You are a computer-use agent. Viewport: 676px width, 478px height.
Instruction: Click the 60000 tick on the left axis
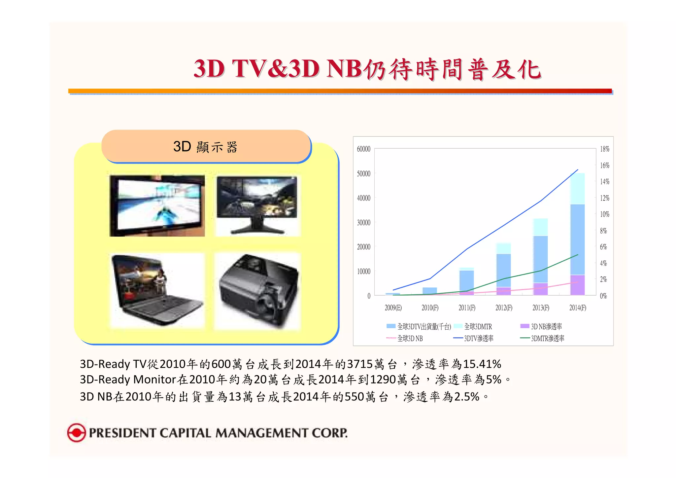coord(363,149)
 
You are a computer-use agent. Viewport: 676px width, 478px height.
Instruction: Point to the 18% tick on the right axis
coord(604,149)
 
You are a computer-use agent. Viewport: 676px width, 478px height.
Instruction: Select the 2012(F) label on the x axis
coord(504,308)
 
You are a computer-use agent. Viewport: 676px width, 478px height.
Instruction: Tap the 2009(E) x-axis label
coord(393,308)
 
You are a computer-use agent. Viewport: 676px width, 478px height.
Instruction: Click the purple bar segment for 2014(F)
coord(577,285)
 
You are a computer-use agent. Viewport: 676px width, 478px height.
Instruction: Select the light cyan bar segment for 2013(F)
coord(540,227)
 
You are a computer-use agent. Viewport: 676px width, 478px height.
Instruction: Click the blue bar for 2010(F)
coord(430,291)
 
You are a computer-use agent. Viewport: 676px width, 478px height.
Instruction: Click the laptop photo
coord(157,290)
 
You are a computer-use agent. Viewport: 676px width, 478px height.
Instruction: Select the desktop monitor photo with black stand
coord(257,205)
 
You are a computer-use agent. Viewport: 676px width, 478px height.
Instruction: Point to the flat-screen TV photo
coord(157,205)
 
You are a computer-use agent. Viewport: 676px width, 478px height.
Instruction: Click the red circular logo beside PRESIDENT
coord(76,432)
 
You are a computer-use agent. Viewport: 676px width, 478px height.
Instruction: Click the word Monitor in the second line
coord(154,380)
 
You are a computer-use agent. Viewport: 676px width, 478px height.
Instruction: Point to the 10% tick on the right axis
coord(604,214)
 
